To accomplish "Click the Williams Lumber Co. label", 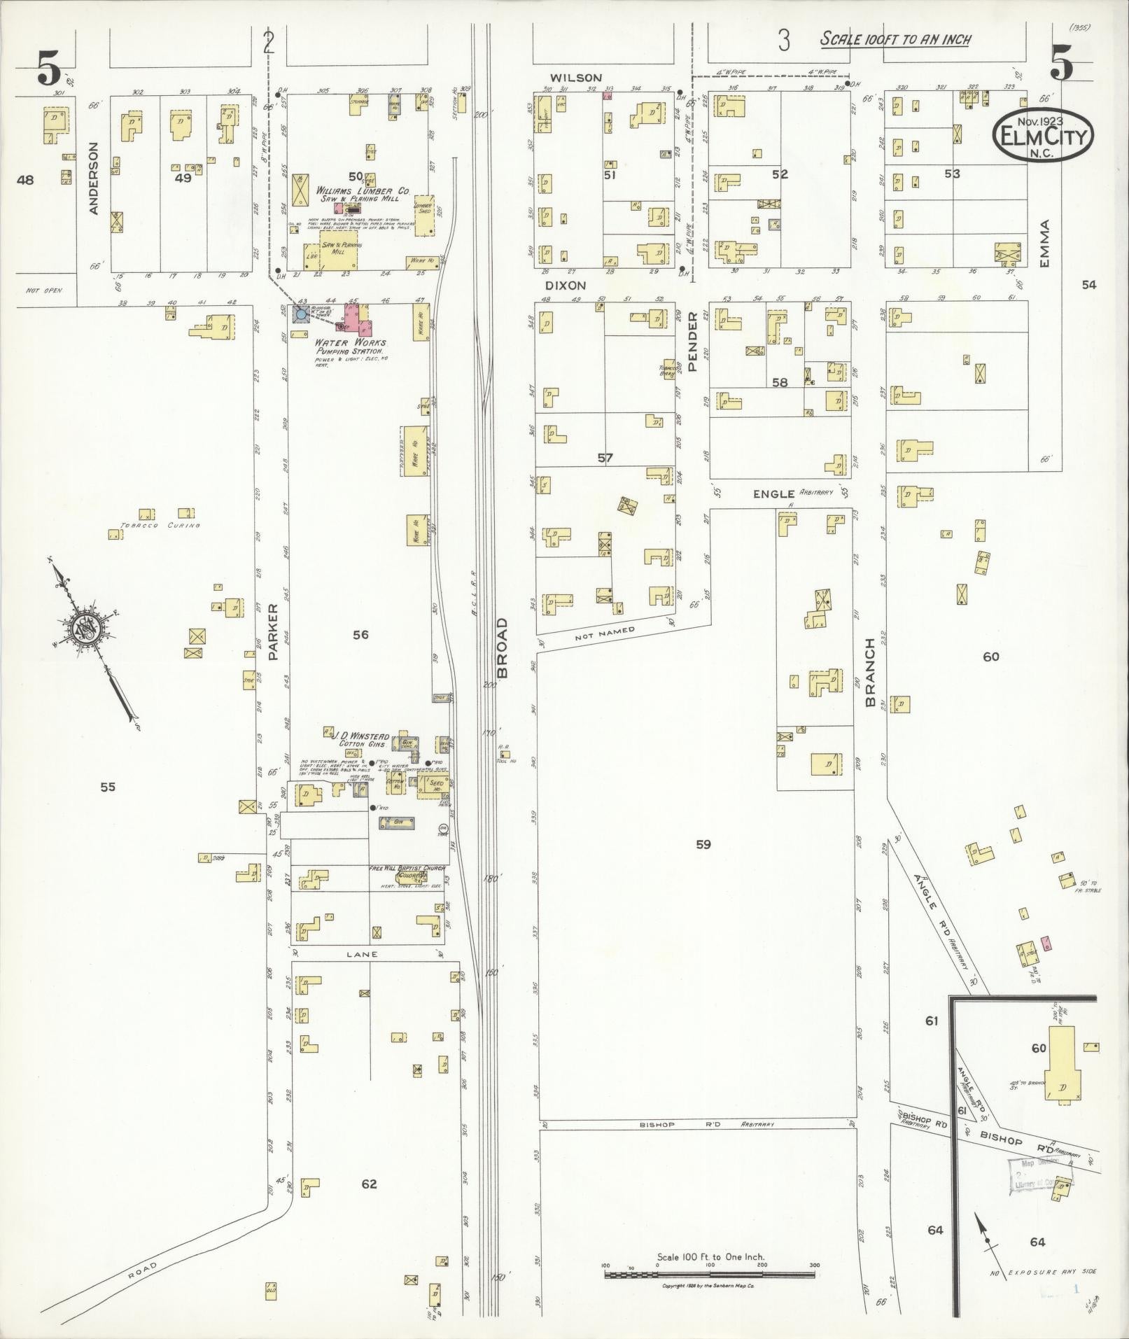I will pyautogui.click(x=363, y=194).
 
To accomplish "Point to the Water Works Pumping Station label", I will pyautogui.click(x=349, y=347).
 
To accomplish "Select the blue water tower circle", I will pyautogui.click(x=301, y=314).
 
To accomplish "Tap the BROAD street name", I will pyautogui.click(x=502, y=647).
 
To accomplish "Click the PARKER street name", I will pyautogui.click(x=274, y=633).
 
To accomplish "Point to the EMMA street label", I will pyautogui.click(x=1046, y=243).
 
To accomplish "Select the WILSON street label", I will pyautogui.click(x=575, y=78).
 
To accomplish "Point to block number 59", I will pyautogui.click(x=703, y=844).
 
